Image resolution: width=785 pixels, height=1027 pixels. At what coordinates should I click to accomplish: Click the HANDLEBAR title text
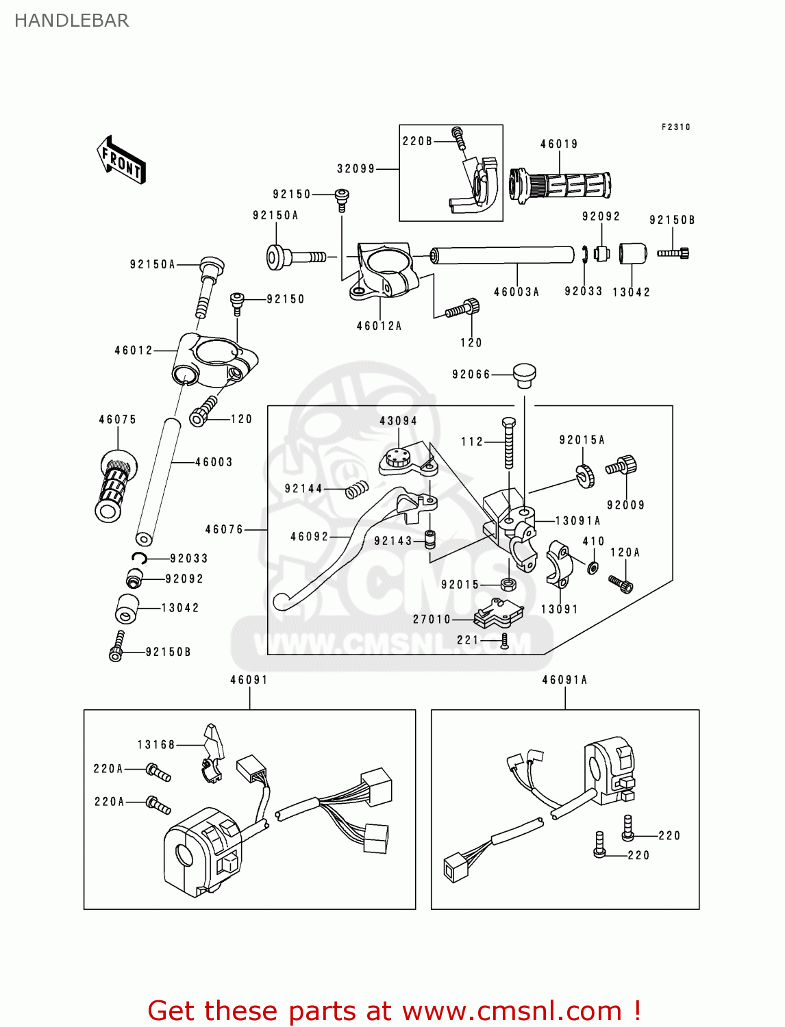71,21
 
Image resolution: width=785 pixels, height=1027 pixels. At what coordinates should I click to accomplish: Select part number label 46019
559,144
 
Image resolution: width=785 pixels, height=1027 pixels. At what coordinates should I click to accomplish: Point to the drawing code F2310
675,127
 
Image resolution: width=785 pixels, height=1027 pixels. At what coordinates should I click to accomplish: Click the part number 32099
356,168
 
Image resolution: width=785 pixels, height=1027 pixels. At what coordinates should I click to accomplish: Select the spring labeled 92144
356,490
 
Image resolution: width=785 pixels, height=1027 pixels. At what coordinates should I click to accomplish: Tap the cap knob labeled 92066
525,375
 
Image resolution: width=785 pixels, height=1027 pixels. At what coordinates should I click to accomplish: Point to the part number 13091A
577,521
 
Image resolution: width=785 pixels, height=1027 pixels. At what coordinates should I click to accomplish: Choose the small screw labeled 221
505,641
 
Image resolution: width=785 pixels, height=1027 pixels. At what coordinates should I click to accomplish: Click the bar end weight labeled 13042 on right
633,253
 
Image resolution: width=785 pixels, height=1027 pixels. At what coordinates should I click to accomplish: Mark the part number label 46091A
564,680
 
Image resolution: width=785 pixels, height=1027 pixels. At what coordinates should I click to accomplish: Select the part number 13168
156,744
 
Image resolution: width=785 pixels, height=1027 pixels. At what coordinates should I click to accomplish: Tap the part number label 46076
224,529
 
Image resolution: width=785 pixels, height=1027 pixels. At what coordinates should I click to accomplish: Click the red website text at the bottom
394,1011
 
